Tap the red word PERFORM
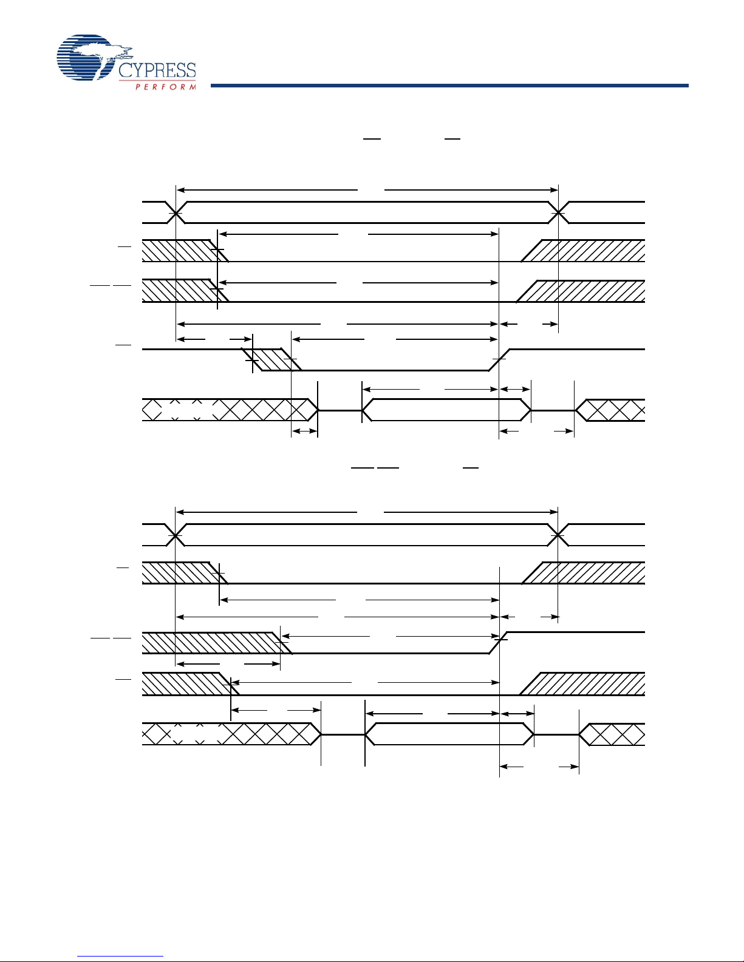point(165,87)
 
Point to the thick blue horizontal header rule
point(449,86)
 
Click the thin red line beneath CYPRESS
point(157,81)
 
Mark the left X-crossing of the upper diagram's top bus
point(176,213)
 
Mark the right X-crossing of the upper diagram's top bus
point(558,213)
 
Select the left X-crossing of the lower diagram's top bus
point(176,535)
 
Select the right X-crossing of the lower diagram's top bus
point(558,535)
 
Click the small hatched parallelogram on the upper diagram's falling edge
point(271,359)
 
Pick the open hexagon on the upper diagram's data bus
point(446,410)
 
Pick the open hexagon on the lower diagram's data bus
point(449,734)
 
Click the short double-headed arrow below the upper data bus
point(305,431)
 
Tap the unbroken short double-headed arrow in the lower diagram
point(517,714)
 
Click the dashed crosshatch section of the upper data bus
point(186,410)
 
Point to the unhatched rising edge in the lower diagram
point(498,643)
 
